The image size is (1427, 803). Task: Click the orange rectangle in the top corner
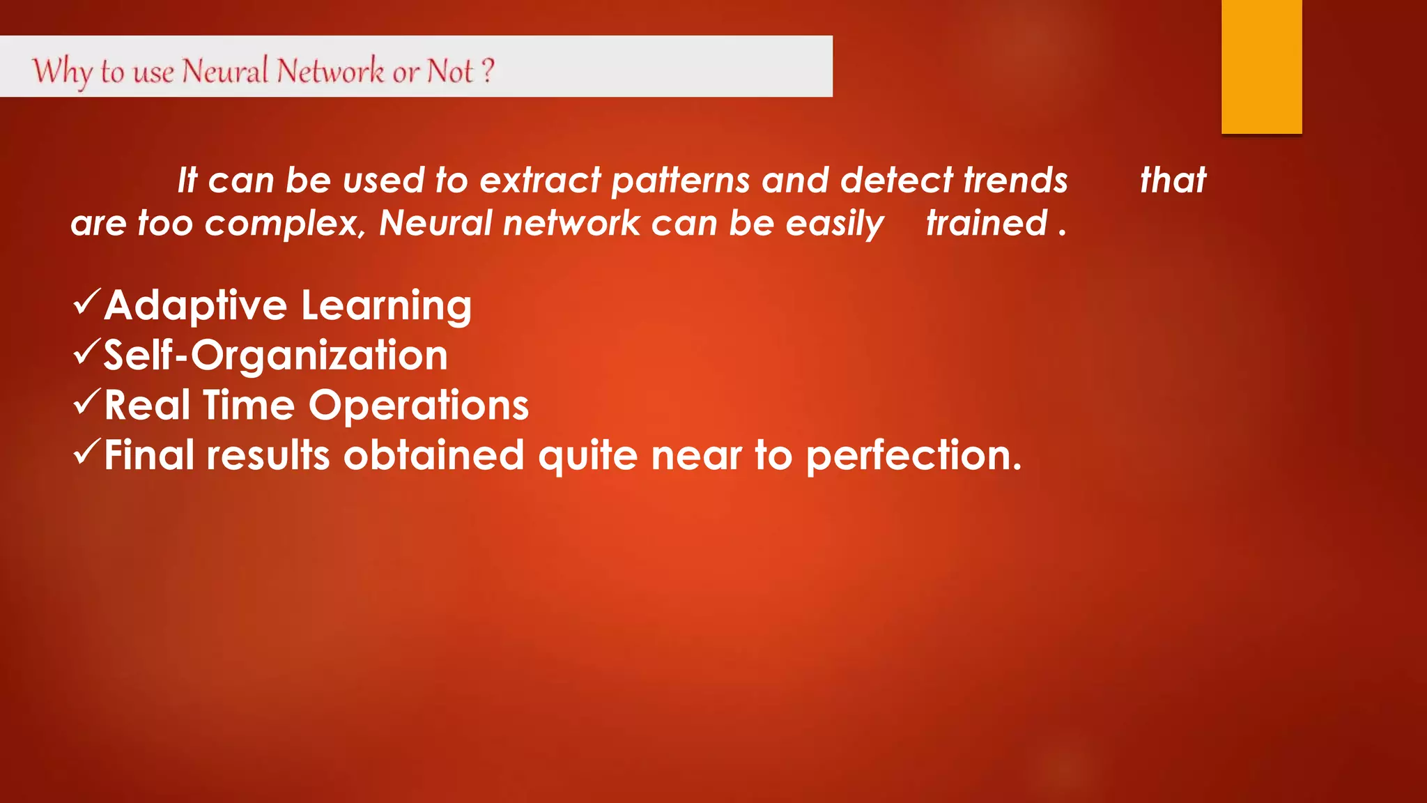(x=1261, y=66)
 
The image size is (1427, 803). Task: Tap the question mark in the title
(x=488, y=70)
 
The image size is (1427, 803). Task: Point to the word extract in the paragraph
(x=540, y=181)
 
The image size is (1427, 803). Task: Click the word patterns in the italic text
(x=681, y=181)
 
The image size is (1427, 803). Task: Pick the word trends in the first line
(x=1015, y=181)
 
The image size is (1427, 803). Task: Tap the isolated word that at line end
(x=1173, y=181)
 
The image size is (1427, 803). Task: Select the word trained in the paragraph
(x=986, y=223)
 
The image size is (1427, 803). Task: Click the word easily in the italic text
(x=834, y=224)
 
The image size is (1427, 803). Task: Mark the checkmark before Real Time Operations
(x=86, y=402)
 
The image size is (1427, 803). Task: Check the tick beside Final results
(x=86, y=452)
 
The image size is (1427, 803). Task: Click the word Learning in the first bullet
(x=386, y=307)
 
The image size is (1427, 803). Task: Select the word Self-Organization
(x=275, y=355)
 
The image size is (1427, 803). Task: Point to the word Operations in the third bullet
(x=418, y=406)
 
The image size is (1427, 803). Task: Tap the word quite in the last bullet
(x=587, y=457)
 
